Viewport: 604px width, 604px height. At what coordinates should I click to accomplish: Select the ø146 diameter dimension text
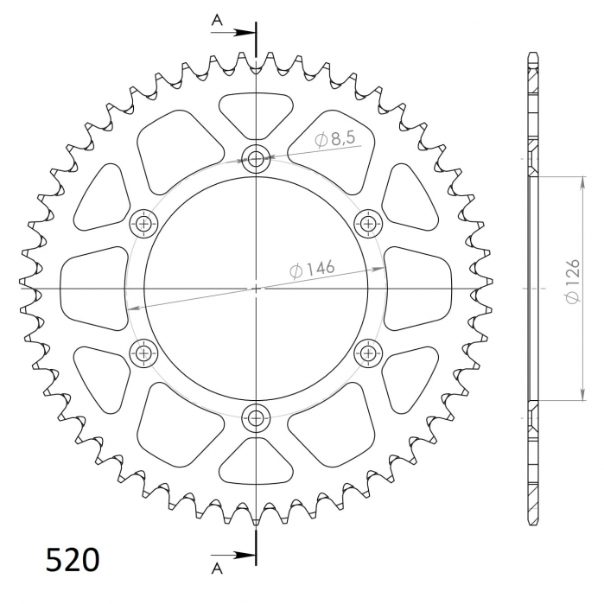(x=313, y=270)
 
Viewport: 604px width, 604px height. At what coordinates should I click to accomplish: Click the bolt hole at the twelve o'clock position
(x=256, y=158)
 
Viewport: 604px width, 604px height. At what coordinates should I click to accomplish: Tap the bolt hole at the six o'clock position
(x=256, y=418)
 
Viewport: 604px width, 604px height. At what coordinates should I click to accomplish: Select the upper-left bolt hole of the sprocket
(x=143, y=224)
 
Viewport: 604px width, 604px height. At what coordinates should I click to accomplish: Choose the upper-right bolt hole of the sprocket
(x=369, y=224)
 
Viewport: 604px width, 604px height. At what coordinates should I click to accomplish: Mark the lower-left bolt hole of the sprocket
(x=143, y=353)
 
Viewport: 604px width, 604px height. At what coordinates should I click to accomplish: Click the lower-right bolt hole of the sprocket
(x=369, y=353)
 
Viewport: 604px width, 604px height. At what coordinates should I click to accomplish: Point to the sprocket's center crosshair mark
(x=256, y=288)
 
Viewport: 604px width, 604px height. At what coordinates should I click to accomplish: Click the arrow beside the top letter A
(x=237, y=34)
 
